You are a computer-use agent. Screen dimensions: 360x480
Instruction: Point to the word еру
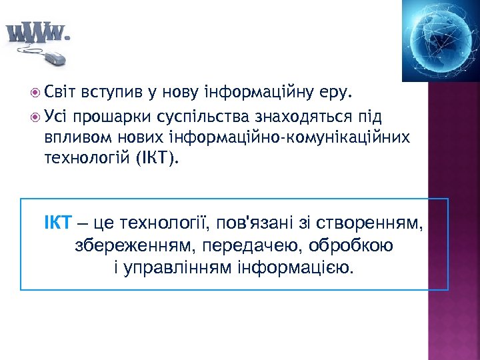pos(341,90)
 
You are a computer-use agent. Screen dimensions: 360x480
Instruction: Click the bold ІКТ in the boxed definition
pos(57,222)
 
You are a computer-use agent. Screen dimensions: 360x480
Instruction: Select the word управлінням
pos(175,268)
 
